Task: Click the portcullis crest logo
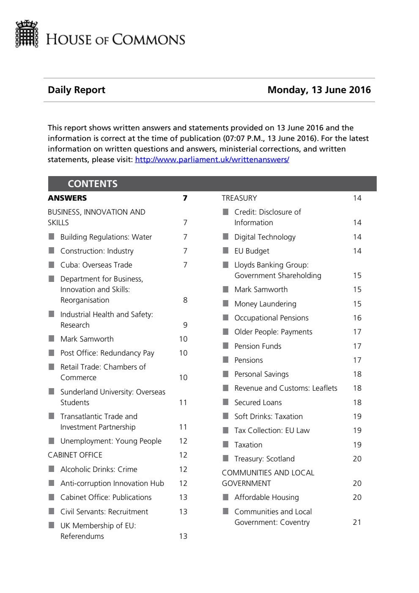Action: click(27, 34)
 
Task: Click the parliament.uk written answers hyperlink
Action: click(212, 160)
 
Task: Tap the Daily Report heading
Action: click(77, 90)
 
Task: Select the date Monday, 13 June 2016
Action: click(319, 90)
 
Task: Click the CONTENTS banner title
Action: click(93, 184)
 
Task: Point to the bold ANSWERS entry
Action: click(67, 198)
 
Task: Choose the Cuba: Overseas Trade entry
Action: click(96, 265)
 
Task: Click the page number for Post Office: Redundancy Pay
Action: click(183, 353)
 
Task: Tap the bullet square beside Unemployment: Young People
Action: click(52, 441)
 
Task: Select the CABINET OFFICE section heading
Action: click(75, 455)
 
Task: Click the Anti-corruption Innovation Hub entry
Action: click(112, 483)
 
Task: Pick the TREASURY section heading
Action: click(239, 198)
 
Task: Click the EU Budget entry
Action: click(252, 251)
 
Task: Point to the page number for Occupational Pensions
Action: click(357, 318)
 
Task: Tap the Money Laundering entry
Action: click(265, 304)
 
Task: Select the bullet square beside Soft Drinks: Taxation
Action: click(226, 416)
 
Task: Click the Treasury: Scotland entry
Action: click(264, 459)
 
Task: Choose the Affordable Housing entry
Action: click(266, 497)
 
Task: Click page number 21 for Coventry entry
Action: click(357, 522)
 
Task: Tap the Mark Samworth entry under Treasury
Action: click(261, 290)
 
